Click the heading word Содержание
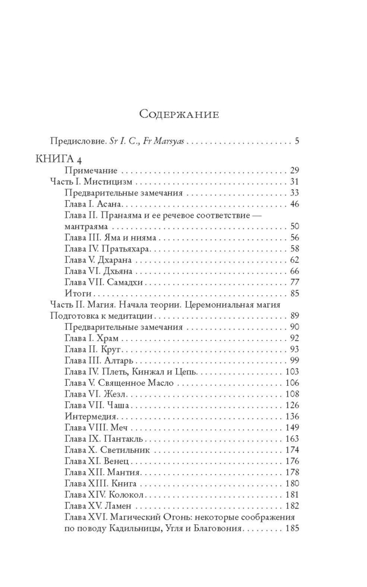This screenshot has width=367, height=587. click(x=179, y=114)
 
